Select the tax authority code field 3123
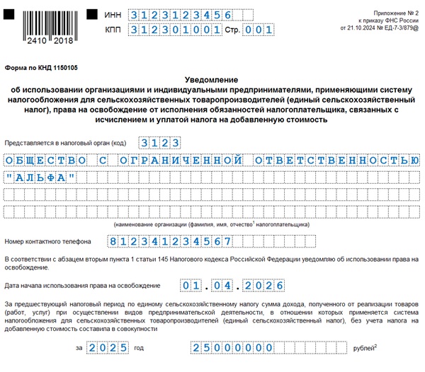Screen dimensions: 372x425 click(159, 142)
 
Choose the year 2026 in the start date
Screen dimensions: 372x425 click(263, 285)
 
